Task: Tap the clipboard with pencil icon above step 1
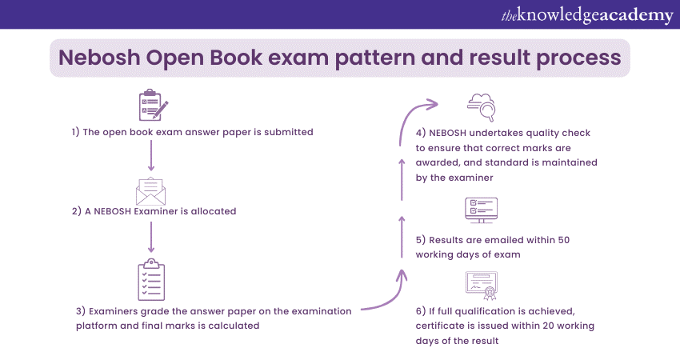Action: click(153, 106)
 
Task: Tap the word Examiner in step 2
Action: click(177, 212)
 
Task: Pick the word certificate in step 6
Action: click(445, 326)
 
